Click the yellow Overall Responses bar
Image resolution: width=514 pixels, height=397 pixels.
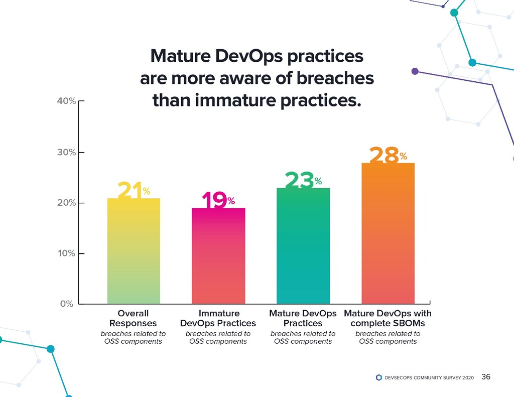pyautogui.click(x=134, y=251)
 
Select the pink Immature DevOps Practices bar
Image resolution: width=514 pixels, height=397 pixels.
pyautogui.click(x=218, y=256)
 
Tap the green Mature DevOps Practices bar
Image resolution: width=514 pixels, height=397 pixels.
pyautogui.click(x=303, y=246)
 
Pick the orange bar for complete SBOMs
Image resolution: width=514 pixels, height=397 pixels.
pyautogui.click(x=388, y=233)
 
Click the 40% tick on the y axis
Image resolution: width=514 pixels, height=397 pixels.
pyautogui.click(x=66, y=101)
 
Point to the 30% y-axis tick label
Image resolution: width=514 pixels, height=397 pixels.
pyautogui.click(x=66, y=152)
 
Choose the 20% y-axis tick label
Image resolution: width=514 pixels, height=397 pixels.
pyautogui.click(x=66, y=203)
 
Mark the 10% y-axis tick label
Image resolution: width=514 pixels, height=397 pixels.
pyautogui.click(x=66, y=253)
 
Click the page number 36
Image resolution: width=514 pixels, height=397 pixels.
pyautogui.click(x=485, y=377)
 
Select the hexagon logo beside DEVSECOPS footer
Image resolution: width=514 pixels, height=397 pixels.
pyautogui.click(x=378, y=377)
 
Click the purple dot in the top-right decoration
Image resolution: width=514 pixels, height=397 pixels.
pyautogui.click(x=415, y=71)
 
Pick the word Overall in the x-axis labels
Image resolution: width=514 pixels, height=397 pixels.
pyautogui.click(x=133, y=314)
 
